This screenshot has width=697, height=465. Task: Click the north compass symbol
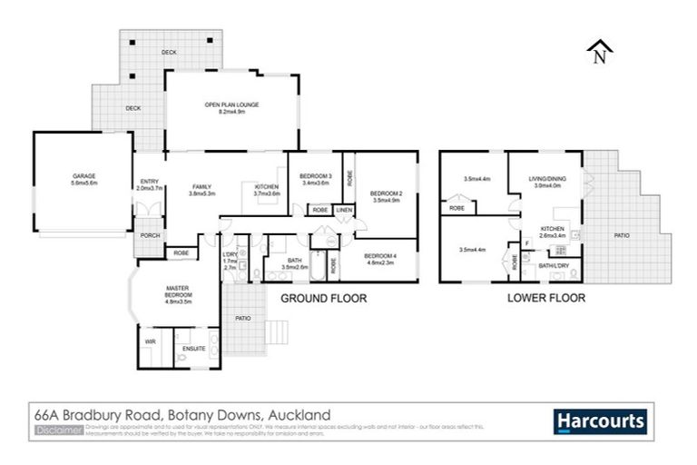pyautogui.click(x=598, y=53)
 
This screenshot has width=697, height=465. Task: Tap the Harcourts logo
pyautogui.click(x=600, y=421)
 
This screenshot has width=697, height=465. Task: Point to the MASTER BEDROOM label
pyautogui.click(x=178, y=292)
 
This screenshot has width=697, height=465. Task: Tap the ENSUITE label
pyautogui.click(x=194, y=348)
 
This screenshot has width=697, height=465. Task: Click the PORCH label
pyautogui.click(x=150, y=235)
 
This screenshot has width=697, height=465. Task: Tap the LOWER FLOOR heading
pyautogui.click(x=545, y=297)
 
